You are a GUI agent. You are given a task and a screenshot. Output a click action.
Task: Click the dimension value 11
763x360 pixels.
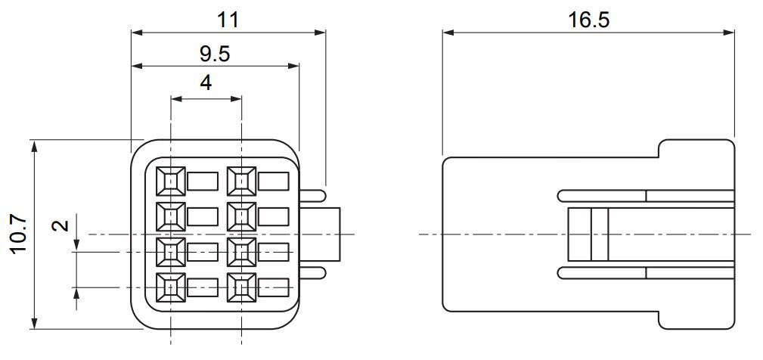pyautogui.click(x=228, y=17)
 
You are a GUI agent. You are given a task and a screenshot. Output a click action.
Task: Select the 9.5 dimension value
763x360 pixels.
pyautogui.click(x=215, y=53)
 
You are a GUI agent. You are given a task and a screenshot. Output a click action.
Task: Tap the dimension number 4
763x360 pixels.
pyautogui.click(x=206, y=83)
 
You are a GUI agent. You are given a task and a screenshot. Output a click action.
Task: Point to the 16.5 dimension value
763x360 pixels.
pyautogui.click(x=588, y=17)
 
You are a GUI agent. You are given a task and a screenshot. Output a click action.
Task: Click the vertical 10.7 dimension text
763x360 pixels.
pyautogui.click(x=18, y=234)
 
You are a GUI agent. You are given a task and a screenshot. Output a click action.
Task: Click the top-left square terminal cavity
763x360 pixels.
pyautogui.click(x=171, y=181)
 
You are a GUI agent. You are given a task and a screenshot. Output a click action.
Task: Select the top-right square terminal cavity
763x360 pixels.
pyautogui.click(x=241, y=181)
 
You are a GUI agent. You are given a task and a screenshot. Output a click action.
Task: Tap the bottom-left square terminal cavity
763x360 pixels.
pyautogui.click(x=171, y=287)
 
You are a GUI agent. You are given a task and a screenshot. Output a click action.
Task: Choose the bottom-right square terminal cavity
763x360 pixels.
pyautogui.click(x=241, y=287)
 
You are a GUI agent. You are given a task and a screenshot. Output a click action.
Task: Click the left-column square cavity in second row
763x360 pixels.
pyautogui.click(x=171, y=216)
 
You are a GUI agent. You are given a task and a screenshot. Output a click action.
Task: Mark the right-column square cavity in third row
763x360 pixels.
pyautogui.click(x=241, y=251)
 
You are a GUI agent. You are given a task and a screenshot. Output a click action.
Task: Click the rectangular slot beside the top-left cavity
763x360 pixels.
pyautogui.click(x=202, y=182)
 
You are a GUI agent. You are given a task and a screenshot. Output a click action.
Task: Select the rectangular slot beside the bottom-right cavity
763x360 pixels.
pyautogui.click(x=273, y=287)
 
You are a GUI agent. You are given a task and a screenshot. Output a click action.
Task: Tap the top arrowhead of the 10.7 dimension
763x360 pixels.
pyautogui.click(x=34, y=144)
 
